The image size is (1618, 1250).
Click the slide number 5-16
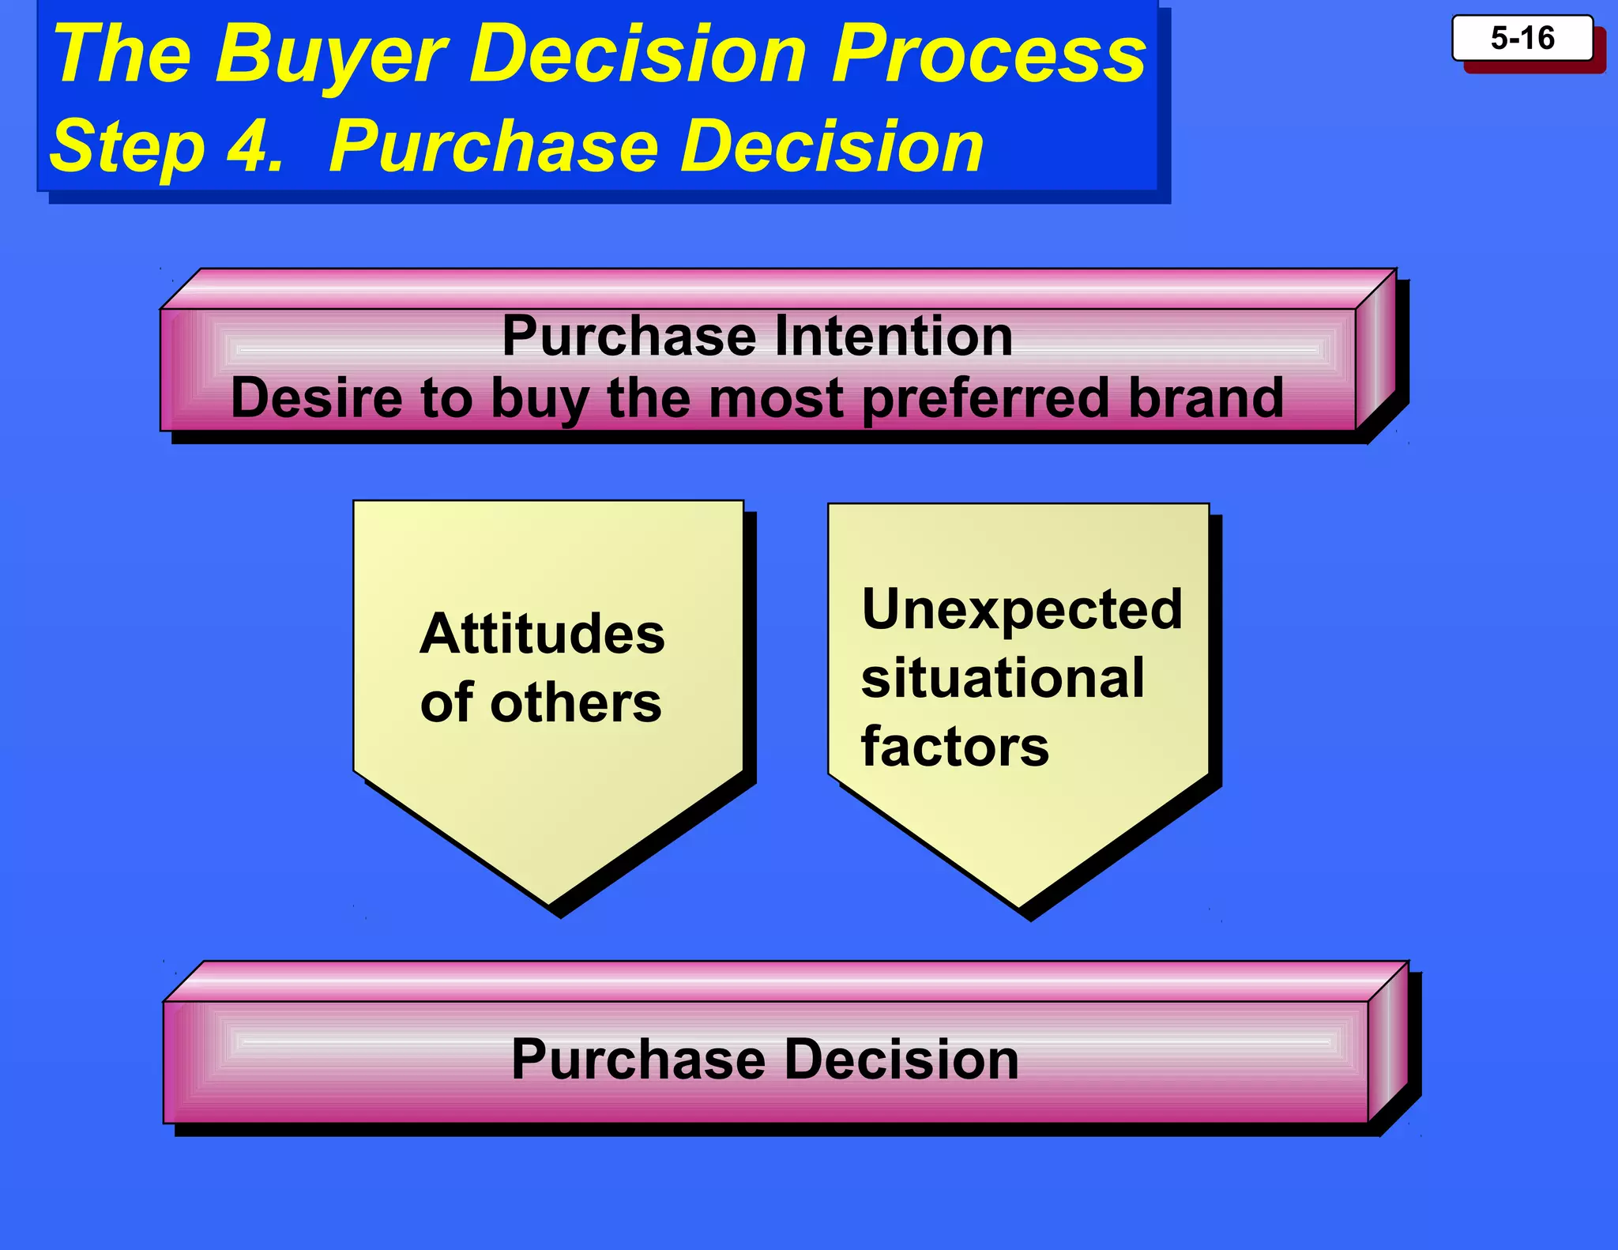click(x=1522, y=38)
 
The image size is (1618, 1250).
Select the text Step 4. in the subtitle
click(x=167, y=147)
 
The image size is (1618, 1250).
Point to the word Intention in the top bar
click(x=894, y=337)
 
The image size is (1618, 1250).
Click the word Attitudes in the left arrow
click(x=542, y=634)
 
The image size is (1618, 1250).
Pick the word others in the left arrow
click(x=576, y=702)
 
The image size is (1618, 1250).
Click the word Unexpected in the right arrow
click(x=1022, y=609)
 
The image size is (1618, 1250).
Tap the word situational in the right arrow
click(x=1003, y=678)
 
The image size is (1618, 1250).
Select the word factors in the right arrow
click(x=955, y=747)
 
